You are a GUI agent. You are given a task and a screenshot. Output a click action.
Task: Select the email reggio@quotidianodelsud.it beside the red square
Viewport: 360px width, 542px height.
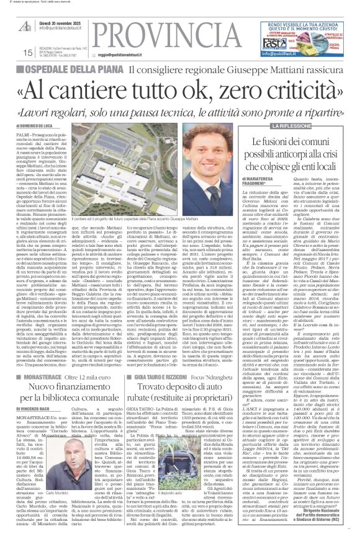point(112,54)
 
